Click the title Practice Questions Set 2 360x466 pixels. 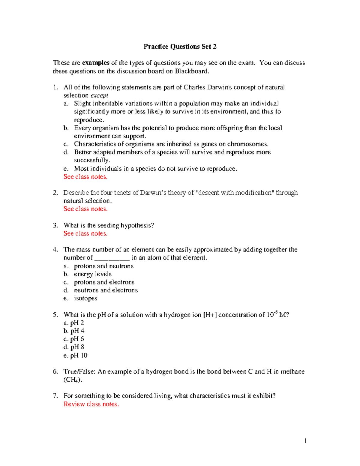point(180,47)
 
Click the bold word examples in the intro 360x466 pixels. point(95,63)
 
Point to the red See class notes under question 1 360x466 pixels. point(85,177)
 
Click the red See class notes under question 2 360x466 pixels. point(85,209)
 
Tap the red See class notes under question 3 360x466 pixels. point(85,233)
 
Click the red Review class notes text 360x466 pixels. point(91,404)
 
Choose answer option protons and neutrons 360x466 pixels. point(104,266)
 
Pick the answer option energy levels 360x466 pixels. point(93,274)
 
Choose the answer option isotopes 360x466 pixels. point(85,298)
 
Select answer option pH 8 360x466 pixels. point(77,347)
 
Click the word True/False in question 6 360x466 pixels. point(79,371)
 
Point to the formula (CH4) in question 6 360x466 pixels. point(73,380)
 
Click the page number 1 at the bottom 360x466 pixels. point(305,441)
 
